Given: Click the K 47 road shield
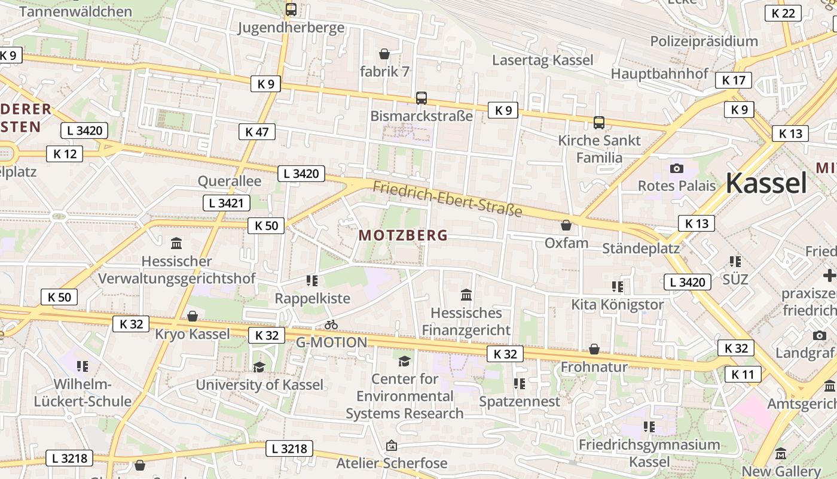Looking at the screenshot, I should (x=257, y=132).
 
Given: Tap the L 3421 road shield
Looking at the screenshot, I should (x=226, y=203).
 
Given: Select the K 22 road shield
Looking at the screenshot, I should (x=783, y=13).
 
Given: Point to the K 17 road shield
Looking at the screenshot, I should (x=734, y=80).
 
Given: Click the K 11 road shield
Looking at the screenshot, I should (x=743, y=375).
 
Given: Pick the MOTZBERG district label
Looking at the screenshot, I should (x=403, y=235).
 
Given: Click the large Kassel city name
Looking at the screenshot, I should (x=766, y=183).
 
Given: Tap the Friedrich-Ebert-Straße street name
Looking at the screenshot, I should (x=447, y=199).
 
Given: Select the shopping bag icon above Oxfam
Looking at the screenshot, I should (x=566, y=225).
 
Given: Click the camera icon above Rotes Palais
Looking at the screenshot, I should (x=677, y=168).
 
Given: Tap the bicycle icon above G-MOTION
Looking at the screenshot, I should (x=331, y=325).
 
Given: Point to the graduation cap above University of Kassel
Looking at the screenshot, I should (x=259, y=367).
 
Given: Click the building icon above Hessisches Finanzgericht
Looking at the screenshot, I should (x=466, y=295).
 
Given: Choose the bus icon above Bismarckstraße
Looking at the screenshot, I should (x=421, y=98).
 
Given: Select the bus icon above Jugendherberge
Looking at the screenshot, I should (x=291, y=9).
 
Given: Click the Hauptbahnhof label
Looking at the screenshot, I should (x=659, y=74).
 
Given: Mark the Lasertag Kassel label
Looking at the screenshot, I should (x=542, y=60).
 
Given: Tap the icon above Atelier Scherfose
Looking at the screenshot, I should (x=392, y=445).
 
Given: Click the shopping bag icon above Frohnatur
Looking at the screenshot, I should (x=594, y=348).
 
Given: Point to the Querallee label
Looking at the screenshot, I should (x=230, y=181).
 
